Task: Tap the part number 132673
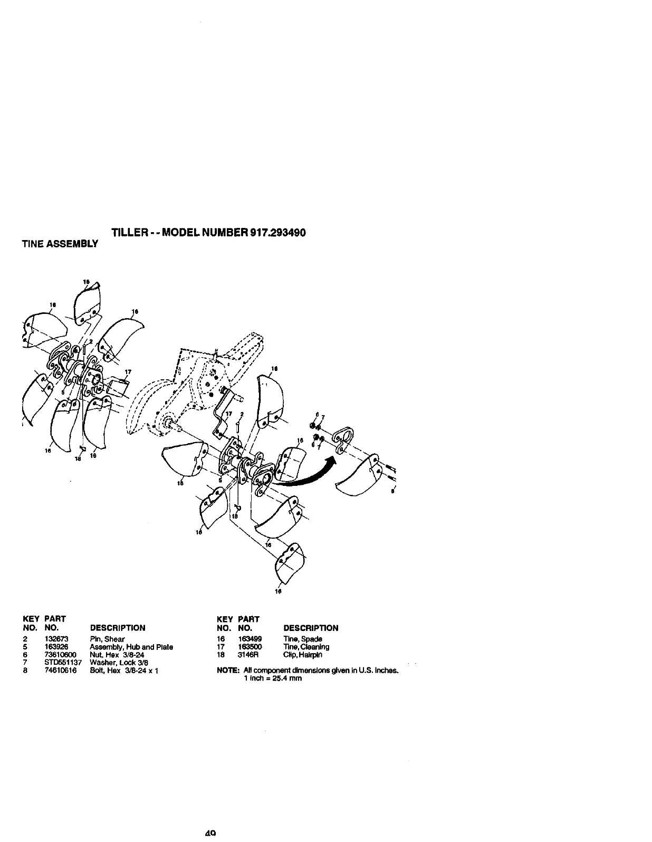click(56, 639)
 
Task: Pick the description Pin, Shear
click(107, 639)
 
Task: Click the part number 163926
click(56, 647)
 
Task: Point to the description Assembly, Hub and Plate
click(131, 647)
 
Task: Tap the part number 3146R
click(247, 655)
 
